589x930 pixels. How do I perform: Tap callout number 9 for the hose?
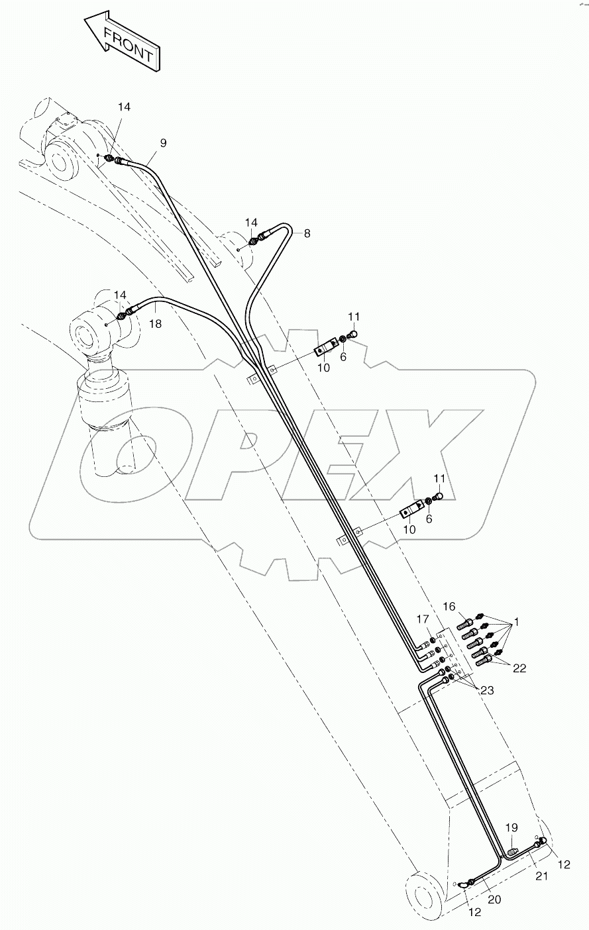coord(163,143)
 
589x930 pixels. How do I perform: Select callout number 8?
coord(307,233)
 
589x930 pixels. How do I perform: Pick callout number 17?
coord(423,619)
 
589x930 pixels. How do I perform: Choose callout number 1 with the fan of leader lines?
coord(517,622)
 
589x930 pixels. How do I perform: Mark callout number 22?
coord(519,668)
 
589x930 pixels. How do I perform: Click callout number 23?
coord(488,690)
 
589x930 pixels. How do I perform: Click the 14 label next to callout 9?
coord(125,107)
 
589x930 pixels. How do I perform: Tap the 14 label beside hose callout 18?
coord(119,295)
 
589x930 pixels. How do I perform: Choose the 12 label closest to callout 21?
coord(563,864)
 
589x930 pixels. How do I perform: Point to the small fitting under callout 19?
coord(513,849)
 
